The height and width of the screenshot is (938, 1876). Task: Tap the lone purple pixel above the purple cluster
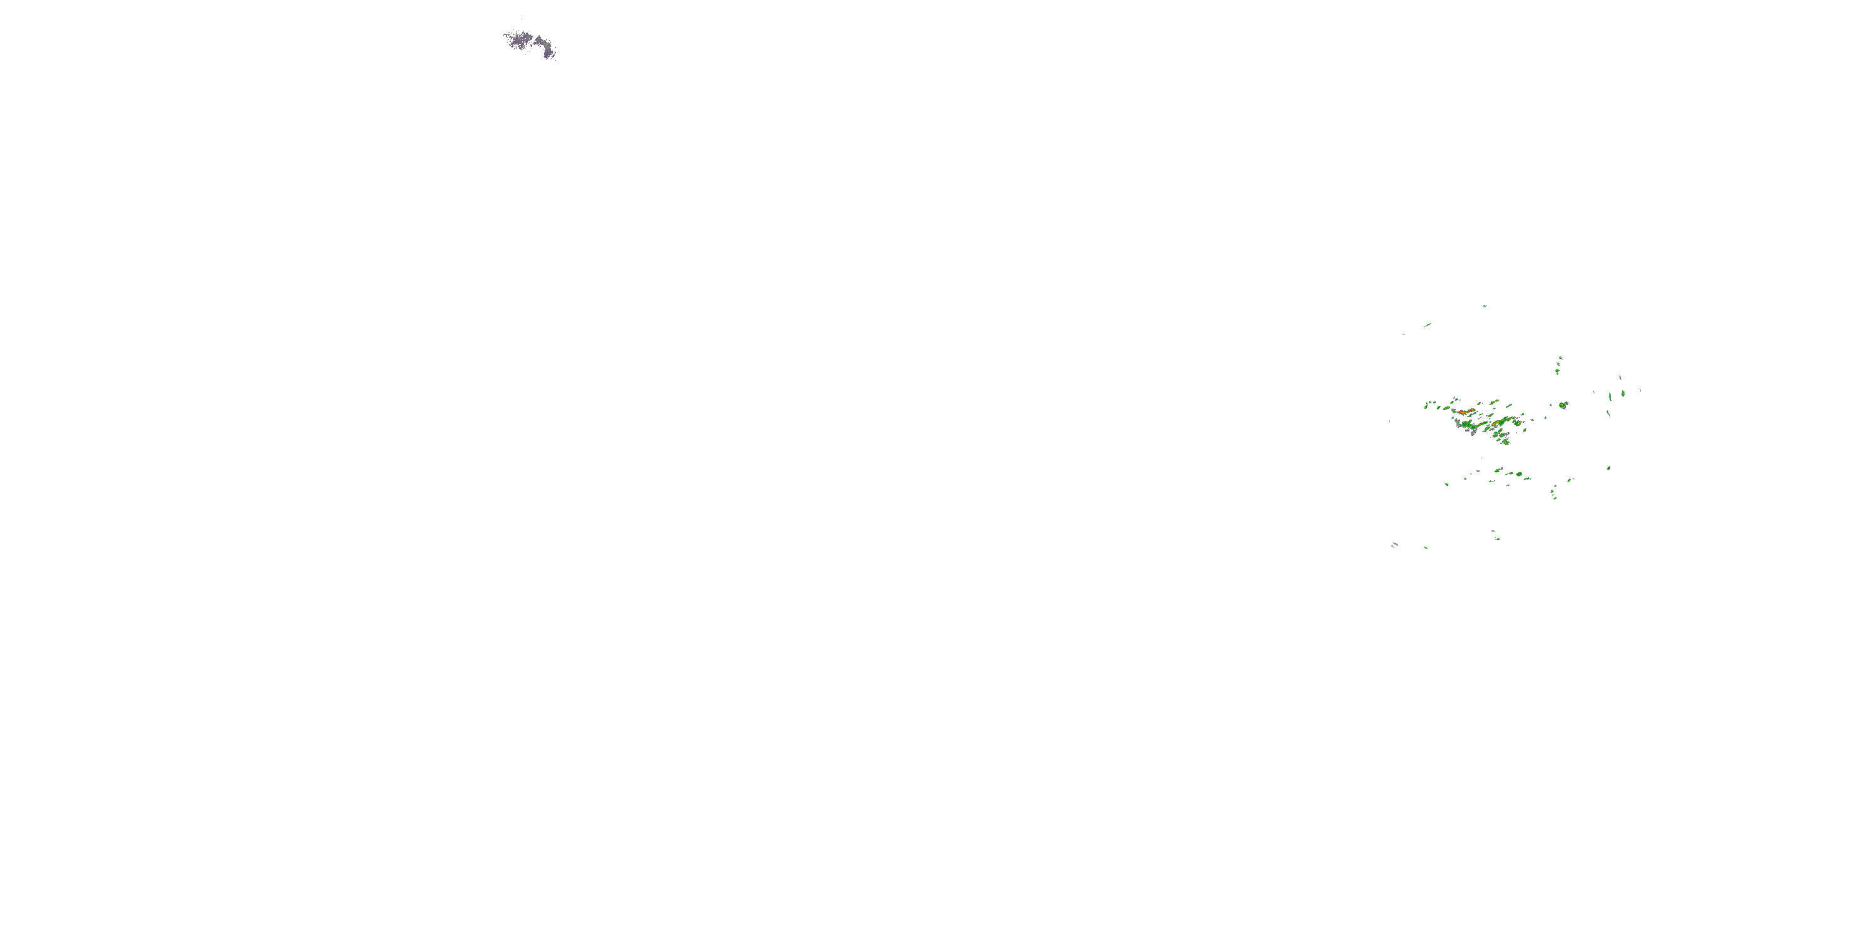(x=522, y=19)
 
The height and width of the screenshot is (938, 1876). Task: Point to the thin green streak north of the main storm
(x=1428, y=325)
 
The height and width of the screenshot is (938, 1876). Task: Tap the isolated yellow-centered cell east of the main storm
(x=1563, y=405)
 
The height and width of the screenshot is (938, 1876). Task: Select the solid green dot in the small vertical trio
(x=1557, y=371)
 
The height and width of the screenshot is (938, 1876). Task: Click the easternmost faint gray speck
(x=1640, y=390)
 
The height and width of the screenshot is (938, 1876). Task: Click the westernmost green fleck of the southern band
(x=1446, y=484)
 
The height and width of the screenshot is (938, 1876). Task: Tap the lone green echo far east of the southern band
(x=1609, y=468)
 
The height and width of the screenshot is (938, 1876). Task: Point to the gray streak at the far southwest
(x=1394, y=544)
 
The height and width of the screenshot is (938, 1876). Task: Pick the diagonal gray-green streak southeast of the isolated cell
(x=1609, y=413)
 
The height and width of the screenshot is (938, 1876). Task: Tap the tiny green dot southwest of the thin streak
(x=1403, y=335)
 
